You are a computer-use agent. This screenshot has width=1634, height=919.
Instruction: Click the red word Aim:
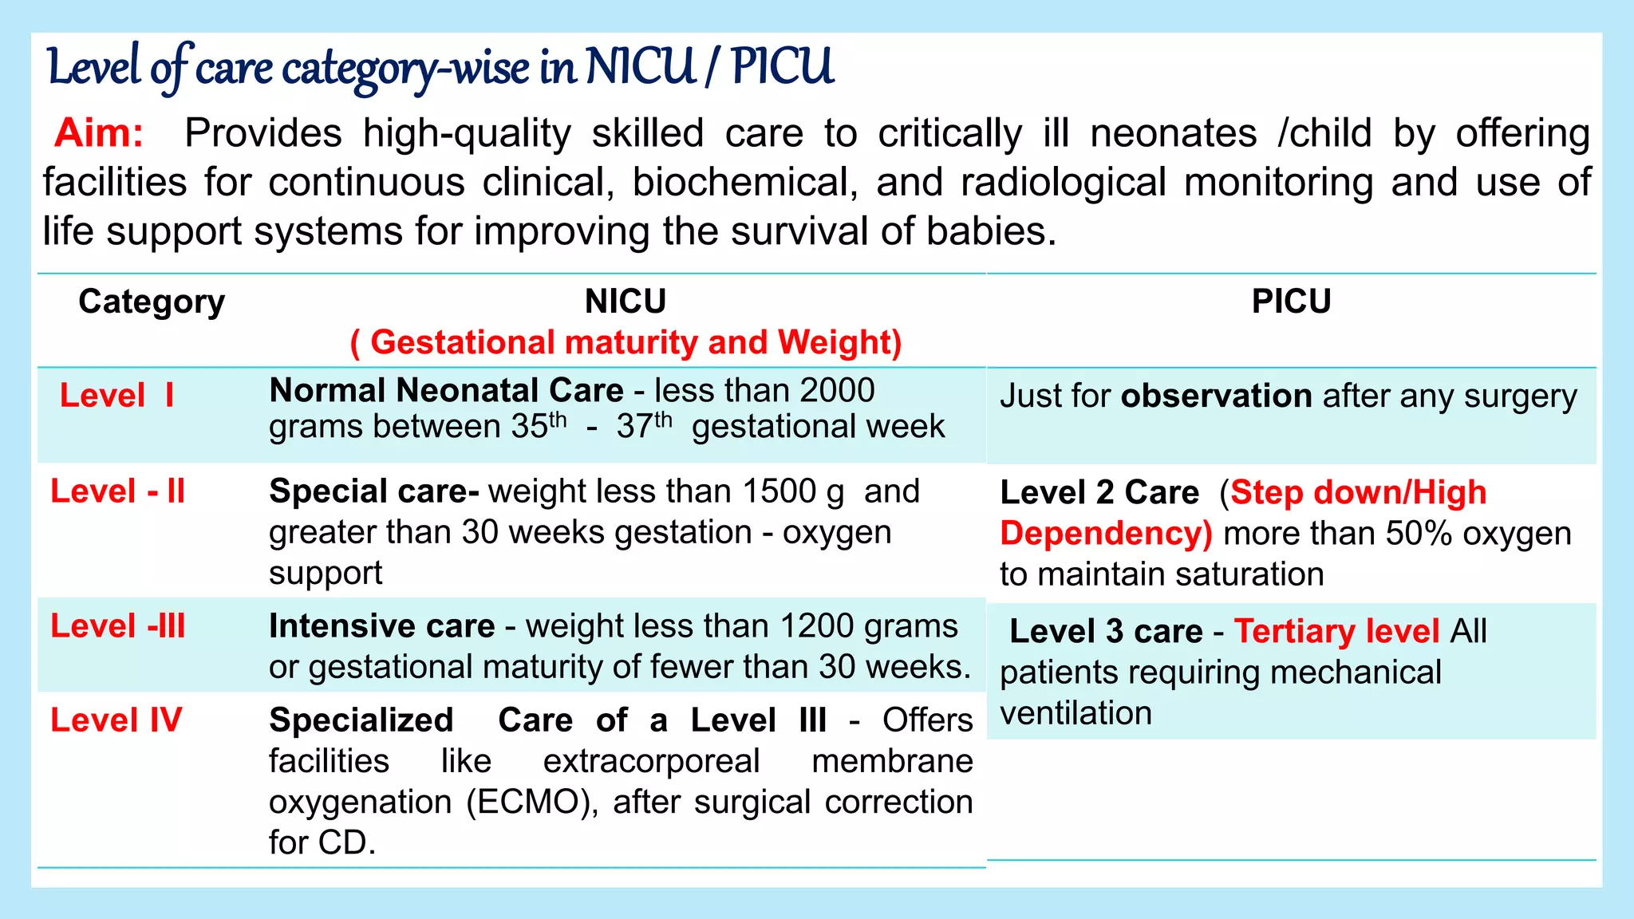99,132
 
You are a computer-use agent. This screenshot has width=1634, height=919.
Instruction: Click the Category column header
152,302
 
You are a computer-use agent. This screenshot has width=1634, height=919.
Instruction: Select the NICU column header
626,302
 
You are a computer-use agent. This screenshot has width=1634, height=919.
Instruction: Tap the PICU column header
1291,302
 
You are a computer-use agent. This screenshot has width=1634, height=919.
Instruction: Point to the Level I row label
116,396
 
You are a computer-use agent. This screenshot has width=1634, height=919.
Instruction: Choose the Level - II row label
117,491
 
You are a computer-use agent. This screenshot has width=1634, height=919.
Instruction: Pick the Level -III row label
117,626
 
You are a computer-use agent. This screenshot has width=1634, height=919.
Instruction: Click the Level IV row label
116,720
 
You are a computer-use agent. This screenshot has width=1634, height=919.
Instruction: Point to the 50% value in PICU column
1419,534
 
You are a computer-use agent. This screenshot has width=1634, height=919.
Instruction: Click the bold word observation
1216,396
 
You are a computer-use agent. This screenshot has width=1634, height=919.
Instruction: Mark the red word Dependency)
1106,534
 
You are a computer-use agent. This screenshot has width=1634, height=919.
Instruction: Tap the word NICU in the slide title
641,67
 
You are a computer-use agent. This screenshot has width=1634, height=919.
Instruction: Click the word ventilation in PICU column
1076,713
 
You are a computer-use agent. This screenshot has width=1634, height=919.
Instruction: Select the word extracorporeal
651,761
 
